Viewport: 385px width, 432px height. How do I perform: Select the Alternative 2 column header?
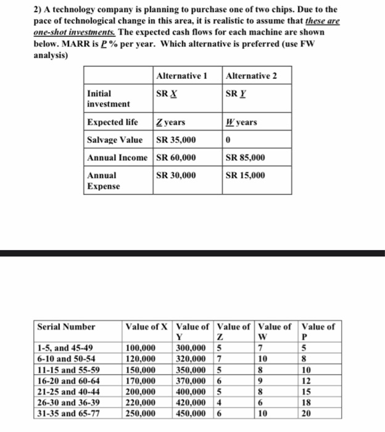(251, 76)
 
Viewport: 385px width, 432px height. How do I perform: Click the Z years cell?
(171, 122)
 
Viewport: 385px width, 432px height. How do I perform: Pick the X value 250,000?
(141, 410)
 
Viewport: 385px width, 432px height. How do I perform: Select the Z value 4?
(218, 401)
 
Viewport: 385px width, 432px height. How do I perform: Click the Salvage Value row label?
(115, 140)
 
